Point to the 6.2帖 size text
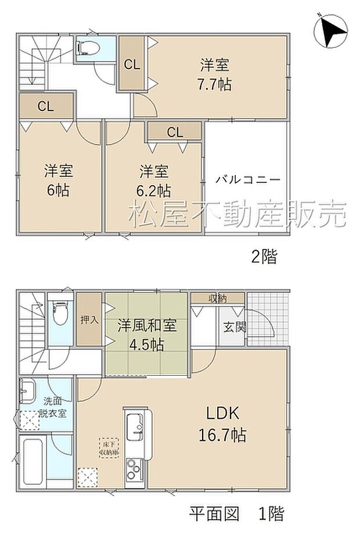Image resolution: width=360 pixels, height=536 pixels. pyautogui.click(x=154, y=190)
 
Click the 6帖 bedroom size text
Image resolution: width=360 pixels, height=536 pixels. pyautogui.click(x=58, y=190)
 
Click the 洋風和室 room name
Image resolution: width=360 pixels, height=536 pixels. pyautogui.click(x=147, y=326)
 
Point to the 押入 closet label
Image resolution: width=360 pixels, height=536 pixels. pyautogui.click(x=89, y=320)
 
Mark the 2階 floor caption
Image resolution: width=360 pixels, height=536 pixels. pyautogui.click(x=264, y=257)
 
